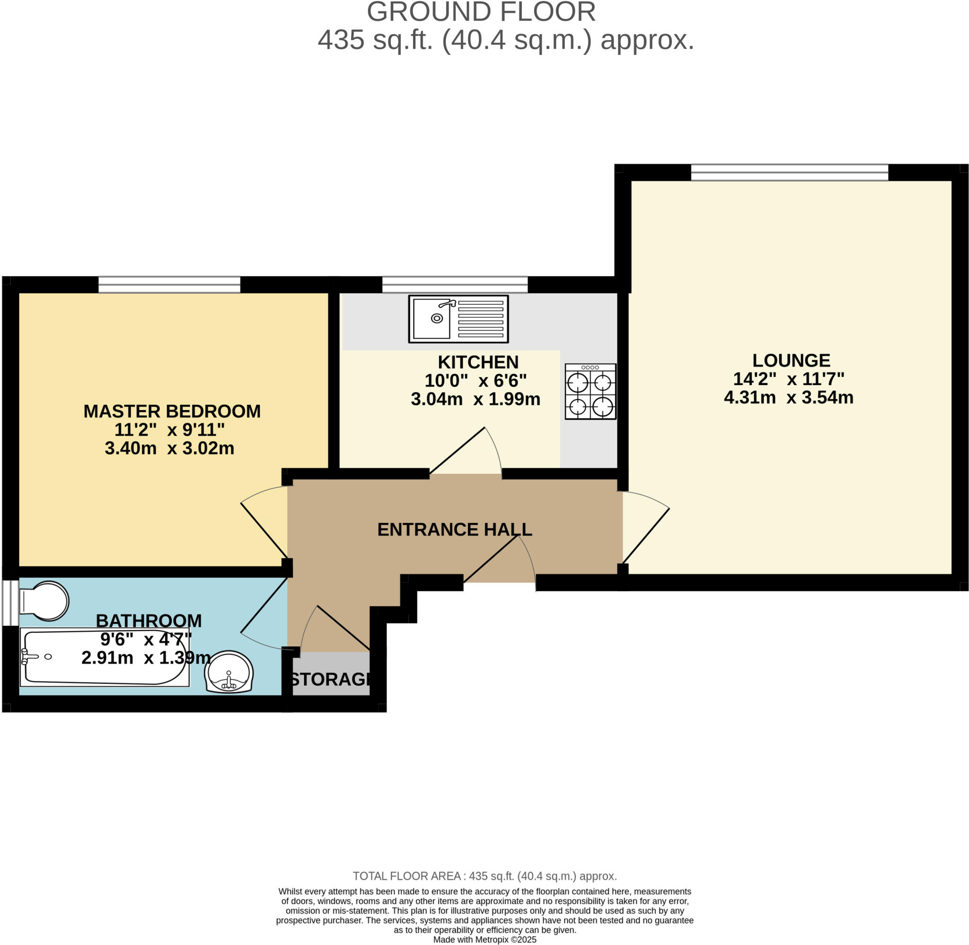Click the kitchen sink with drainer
(458, 319)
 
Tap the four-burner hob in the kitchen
(590, 392)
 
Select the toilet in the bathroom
(44, 601)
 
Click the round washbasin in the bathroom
(229, 672)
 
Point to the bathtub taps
(30, 656)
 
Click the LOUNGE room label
(790, 360)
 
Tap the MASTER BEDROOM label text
(172, 411)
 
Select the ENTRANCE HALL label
(454, 530)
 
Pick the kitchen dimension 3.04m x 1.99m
(475, 400)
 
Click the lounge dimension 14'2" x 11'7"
(788, 379)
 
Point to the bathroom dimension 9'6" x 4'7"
(145, 640)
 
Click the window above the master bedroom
(169, 285)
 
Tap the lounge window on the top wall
(789, 173)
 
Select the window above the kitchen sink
(454, 285)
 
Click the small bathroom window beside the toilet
(10, 603)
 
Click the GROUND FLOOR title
(481, 12)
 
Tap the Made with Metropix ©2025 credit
(484, 939)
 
